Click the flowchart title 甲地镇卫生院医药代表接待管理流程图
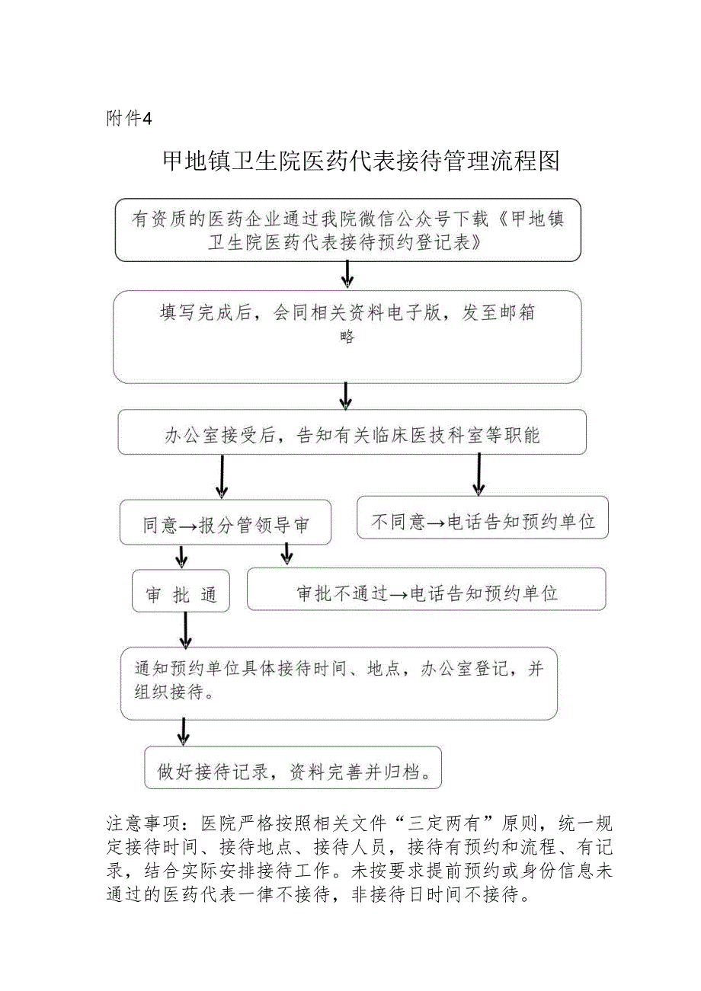coord(361,161)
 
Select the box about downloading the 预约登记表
coord(347,230)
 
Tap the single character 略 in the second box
coord(347,337)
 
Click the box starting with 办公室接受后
coord(351,434)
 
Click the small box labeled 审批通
coord(181,594)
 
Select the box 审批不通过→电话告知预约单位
coord(427,593)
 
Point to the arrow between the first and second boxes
coord(347,274)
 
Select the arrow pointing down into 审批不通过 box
coord(286,554)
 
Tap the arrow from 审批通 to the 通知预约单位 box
coord(185,629)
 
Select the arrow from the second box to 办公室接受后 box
coord(345,395)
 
